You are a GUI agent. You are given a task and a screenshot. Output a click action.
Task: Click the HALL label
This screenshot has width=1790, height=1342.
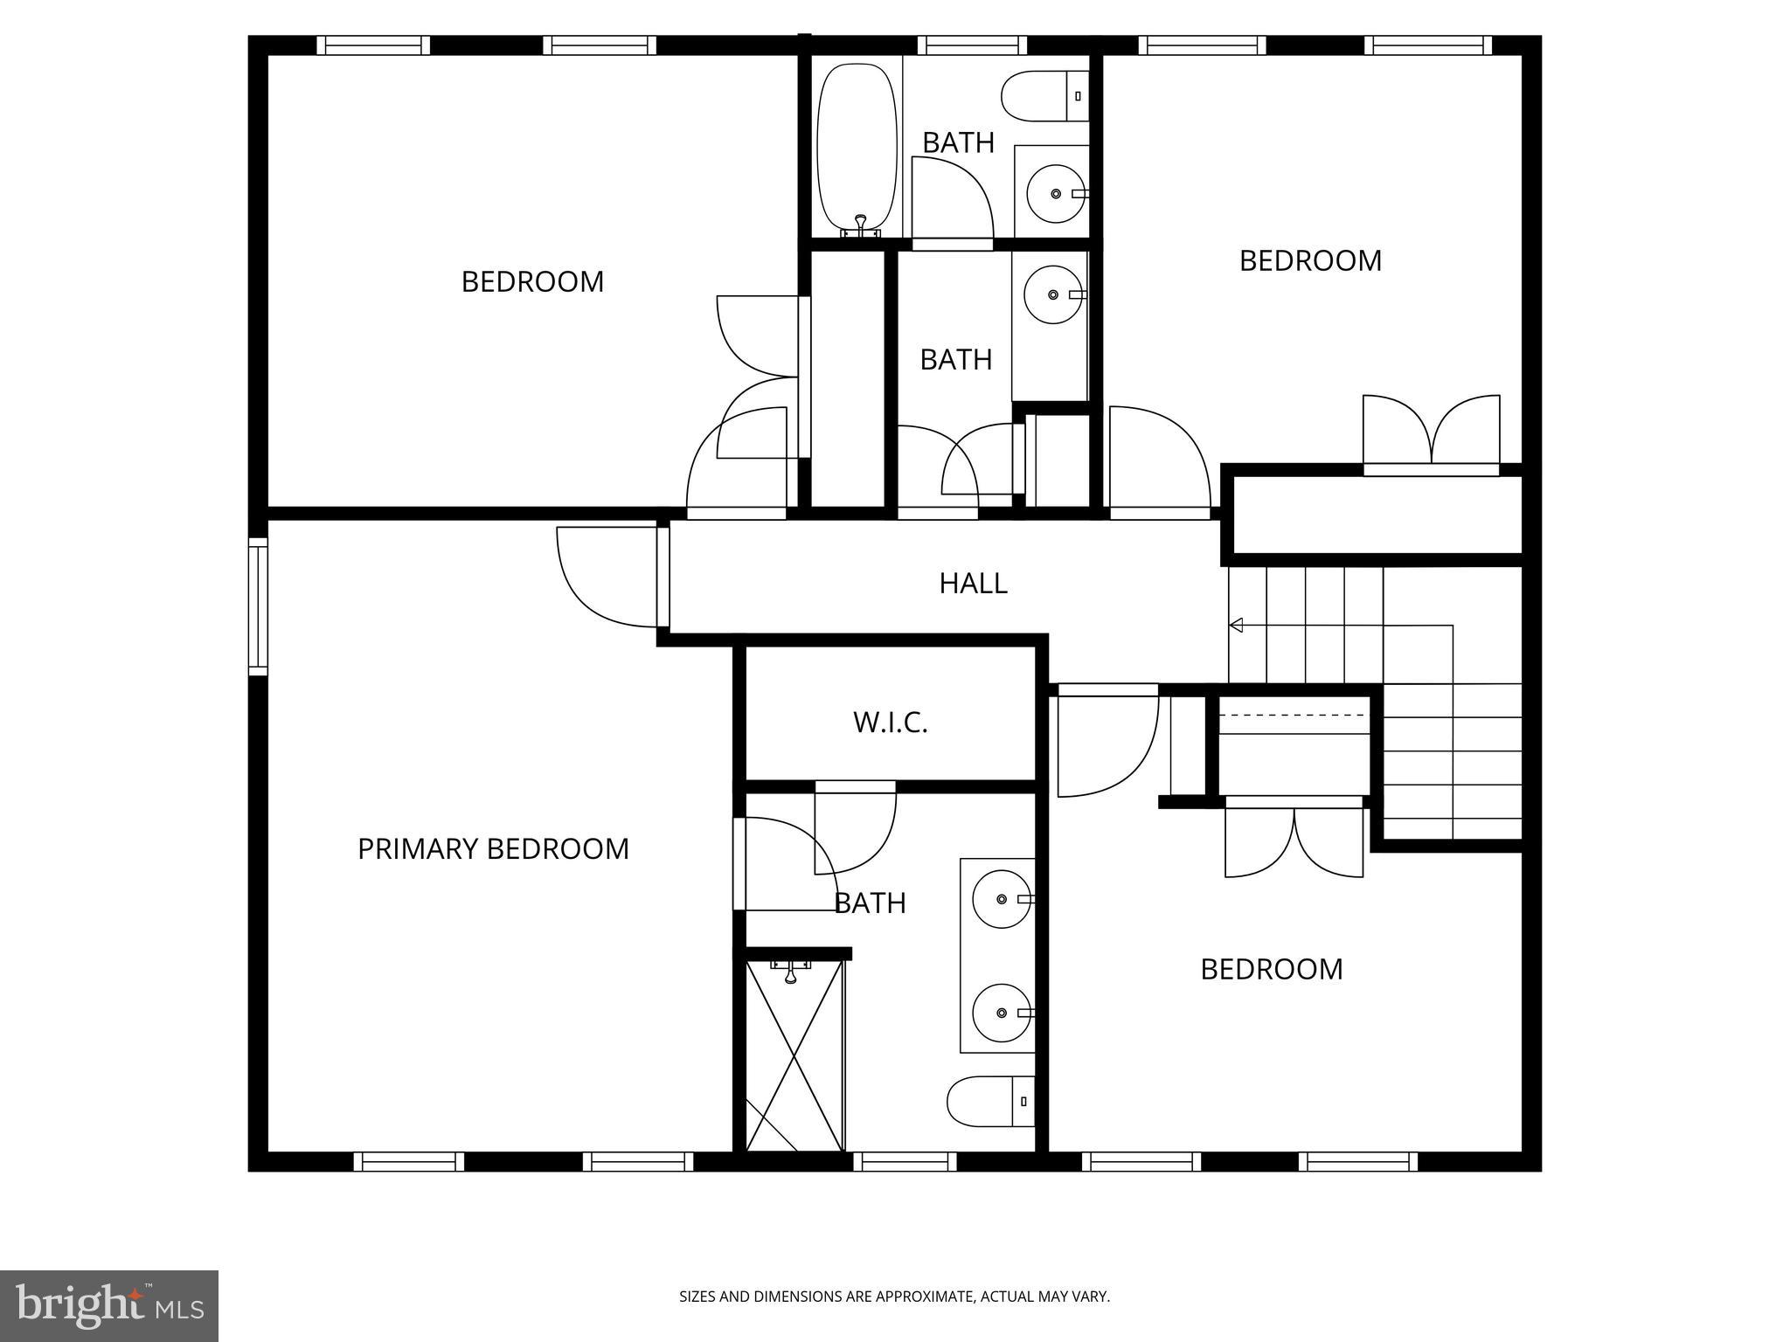[973, 584]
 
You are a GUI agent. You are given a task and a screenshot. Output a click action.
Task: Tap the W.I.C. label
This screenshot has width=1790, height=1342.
[890, 723]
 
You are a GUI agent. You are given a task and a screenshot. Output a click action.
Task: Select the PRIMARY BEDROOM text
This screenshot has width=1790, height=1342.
[493, 849]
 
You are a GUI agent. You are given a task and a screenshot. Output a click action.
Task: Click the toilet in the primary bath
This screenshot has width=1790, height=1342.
[990, 1101]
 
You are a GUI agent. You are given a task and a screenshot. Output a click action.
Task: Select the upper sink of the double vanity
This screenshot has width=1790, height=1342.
[1002, 898]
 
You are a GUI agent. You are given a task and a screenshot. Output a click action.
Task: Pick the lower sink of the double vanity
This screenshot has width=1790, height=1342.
[1002, 1013]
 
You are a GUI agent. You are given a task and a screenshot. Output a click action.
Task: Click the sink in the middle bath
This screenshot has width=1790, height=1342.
[1054, 295]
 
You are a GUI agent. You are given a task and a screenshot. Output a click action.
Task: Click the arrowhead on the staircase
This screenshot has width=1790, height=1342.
[1236, 625]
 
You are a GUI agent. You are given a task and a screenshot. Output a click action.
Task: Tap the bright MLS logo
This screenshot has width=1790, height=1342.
[109, 1305]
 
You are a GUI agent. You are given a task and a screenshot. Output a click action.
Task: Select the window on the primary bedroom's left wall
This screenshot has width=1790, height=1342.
[258, 606]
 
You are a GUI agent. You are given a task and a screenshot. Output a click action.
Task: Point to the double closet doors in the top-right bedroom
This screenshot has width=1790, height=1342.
[1432, 432]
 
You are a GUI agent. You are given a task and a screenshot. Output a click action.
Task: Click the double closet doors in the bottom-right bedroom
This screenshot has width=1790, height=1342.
[1294, 839]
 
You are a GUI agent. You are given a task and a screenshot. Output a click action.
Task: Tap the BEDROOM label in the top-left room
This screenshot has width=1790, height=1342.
[532, 282]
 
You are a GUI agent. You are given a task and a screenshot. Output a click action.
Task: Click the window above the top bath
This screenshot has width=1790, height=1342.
[972, 45]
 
